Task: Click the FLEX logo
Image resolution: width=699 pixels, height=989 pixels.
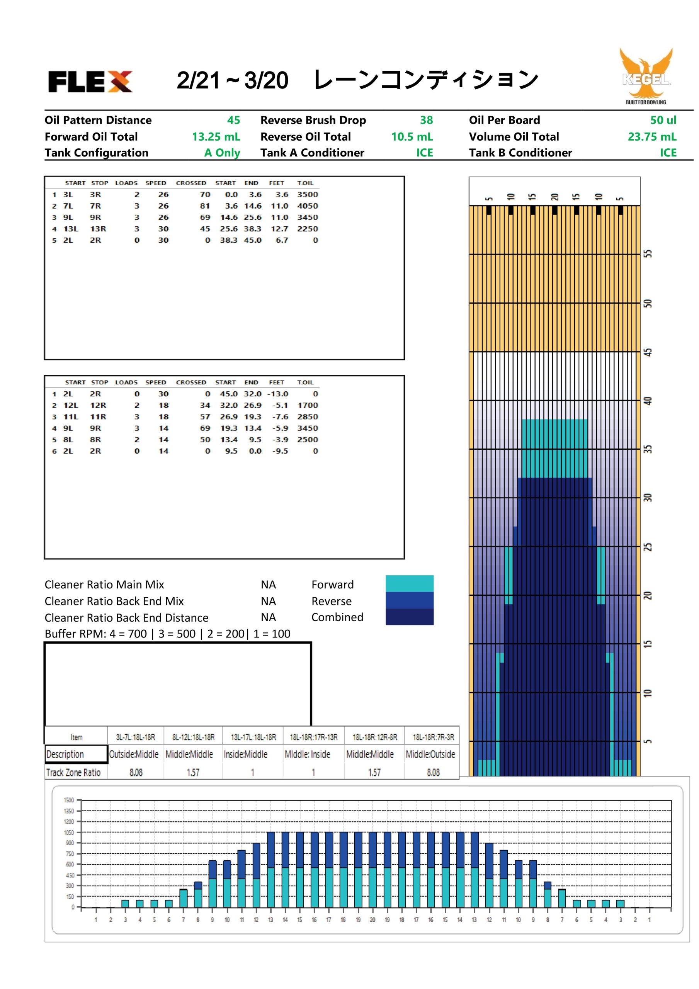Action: (x=90, y=82)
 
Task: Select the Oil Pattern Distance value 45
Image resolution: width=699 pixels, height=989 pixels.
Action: (x=233, y=120)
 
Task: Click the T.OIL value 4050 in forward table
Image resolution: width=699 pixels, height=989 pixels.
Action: (x=307, y=206)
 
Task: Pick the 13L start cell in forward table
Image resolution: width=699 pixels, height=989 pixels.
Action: (x=71, y=229)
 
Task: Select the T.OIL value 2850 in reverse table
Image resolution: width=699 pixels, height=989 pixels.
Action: (x=307, y=416)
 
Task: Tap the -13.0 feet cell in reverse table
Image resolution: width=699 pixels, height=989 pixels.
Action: (x=277, y=394)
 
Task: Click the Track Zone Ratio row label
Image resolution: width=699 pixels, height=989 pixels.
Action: (x=73, y=772)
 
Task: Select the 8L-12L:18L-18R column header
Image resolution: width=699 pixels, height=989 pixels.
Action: (x=193, y=737)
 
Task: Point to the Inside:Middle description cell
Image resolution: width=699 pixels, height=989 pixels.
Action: (x=245, y=754)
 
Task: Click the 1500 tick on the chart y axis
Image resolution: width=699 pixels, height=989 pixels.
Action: (x=69, y=800)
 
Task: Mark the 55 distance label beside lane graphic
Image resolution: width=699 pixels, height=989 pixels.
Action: (x=647, y=253)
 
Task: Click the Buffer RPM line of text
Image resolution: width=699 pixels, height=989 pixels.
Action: (x=167, y=634)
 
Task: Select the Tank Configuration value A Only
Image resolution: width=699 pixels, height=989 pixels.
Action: (x=222, y=153)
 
